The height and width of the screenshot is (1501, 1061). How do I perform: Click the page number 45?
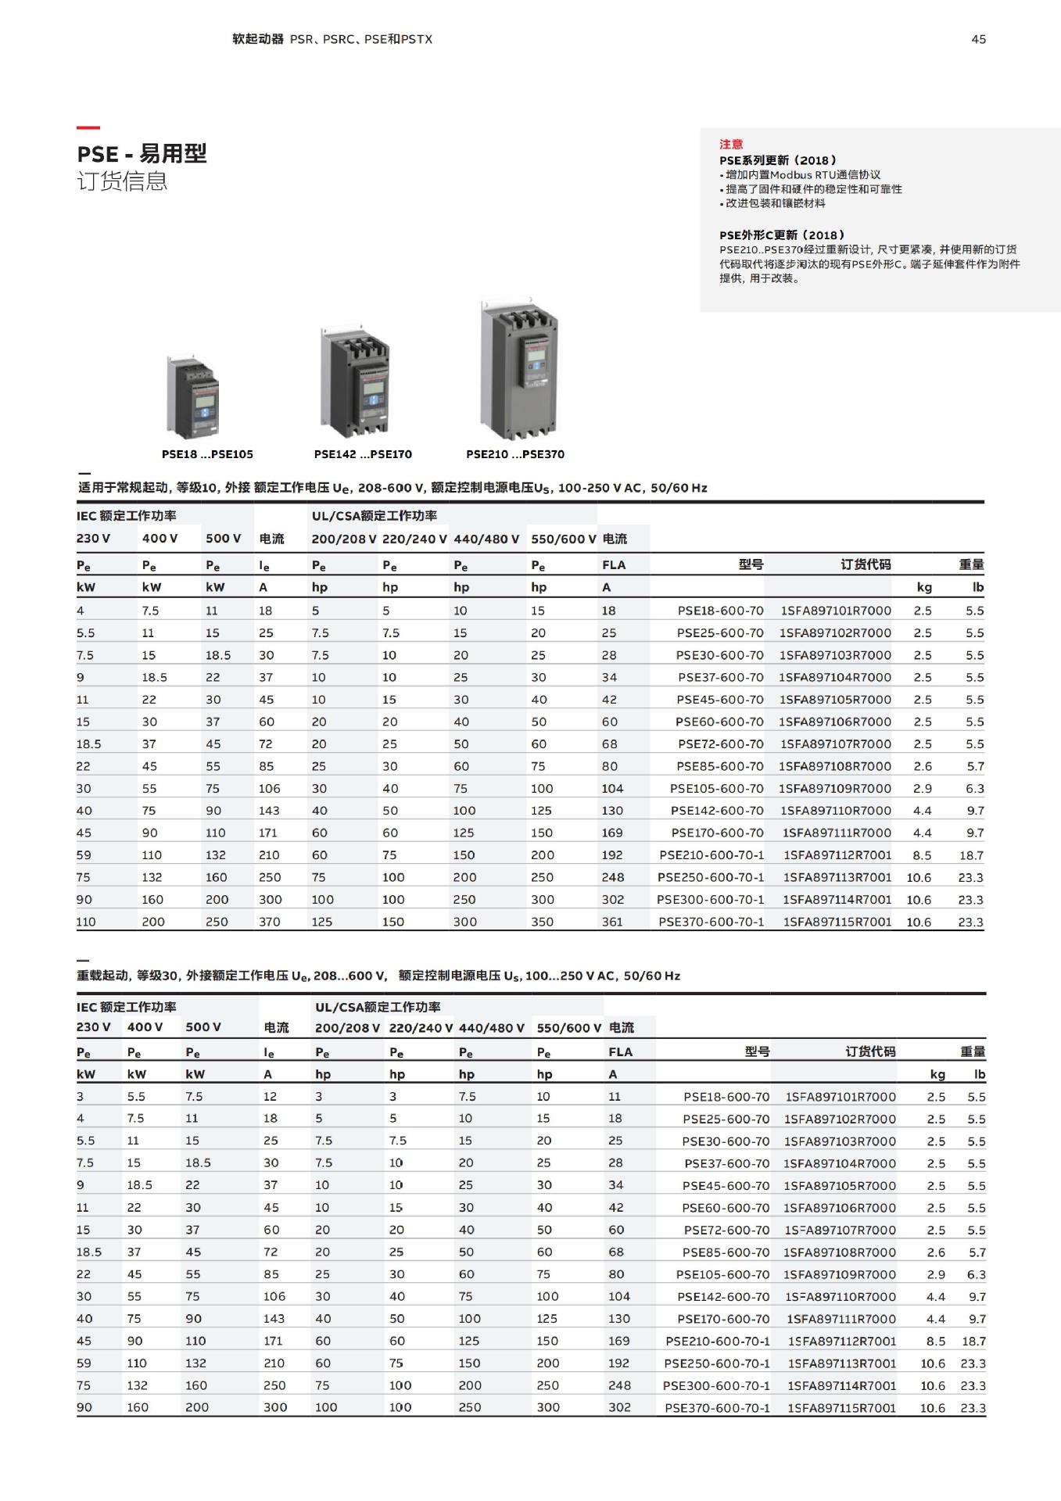pos(978,39)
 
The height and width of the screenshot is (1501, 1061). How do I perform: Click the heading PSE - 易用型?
pos(142,153)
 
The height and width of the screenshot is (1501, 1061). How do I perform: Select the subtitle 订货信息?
pos(122,181)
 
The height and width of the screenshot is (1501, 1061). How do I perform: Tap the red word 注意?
pos(731,144)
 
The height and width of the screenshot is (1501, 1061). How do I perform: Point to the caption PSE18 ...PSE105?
pos(207,454)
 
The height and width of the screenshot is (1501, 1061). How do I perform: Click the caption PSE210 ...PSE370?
pos(514,454)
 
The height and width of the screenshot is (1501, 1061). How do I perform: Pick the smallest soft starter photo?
pos(192,396)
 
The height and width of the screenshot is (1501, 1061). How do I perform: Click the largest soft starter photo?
pos(519,370)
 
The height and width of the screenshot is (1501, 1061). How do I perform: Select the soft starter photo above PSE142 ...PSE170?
pos(354,384)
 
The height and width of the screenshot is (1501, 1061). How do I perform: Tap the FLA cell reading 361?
pos(612,922)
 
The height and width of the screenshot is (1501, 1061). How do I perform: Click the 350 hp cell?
pos(542,922)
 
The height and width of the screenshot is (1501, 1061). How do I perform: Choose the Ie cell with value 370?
pos(270,922)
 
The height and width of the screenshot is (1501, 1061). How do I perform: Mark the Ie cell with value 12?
pos(270,1097)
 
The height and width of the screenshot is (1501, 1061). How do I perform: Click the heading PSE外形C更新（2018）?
pos(782,235)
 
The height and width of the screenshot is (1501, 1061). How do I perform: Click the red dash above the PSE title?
pos(88,127)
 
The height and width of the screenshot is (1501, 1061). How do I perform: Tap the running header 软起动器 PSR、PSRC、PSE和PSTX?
pos(332,39)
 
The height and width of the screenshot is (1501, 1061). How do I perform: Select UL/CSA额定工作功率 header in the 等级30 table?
pos(378,1007)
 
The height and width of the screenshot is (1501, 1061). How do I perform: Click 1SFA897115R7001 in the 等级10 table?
pos(837,922)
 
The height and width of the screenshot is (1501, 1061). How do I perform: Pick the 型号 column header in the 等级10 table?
pos(751,564)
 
